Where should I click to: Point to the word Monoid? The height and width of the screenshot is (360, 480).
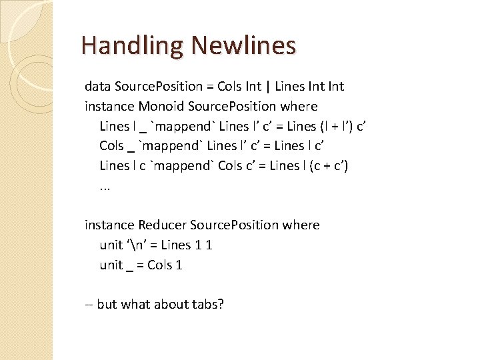(162, 107)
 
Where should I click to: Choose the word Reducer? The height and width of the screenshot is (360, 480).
(163, 225)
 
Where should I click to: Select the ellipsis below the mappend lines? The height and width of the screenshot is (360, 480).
(105, 187)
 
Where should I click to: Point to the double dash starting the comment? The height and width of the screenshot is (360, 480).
(89, 305)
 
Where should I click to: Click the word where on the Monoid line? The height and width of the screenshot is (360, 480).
(299, 107)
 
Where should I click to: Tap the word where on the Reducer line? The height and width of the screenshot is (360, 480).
(301, 225)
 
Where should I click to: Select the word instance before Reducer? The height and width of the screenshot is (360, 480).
(109, 225)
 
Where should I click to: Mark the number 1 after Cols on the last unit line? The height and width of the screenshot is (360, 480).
(179, 265)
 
